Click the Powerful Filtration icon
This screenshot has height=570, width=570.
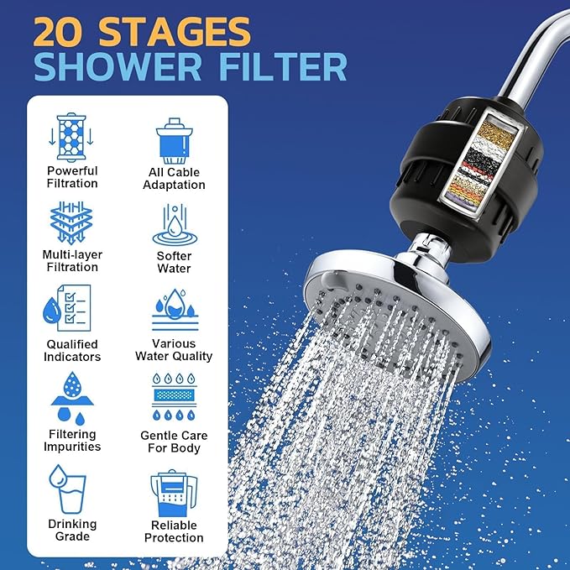72,138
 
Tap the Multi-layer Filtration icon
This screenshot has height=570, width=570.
72,222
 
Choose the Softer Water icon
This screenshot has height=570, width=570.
174,223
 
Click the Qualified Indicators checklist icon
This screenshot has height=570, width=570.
72,309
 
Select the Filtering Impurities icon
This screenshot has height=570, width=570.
72,398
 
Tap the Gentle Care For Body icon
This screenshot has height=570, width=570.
174,398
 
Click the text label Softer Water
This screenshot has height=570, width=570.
174,262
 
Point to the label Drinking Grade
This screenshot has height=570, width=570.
72,530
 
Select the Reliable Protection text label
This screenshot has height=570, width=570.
174,531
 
